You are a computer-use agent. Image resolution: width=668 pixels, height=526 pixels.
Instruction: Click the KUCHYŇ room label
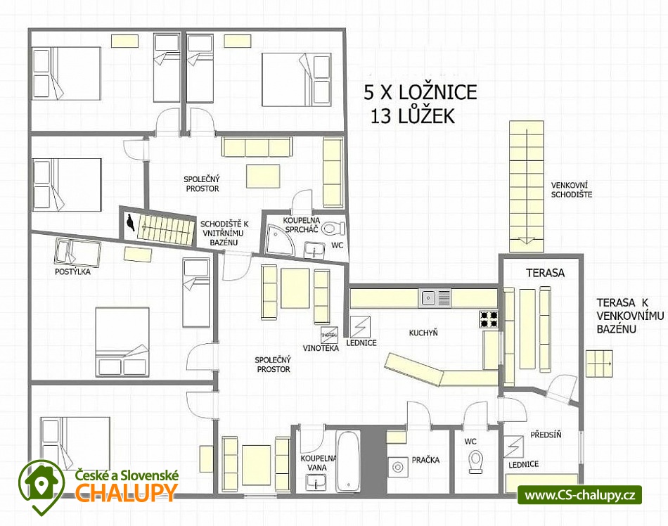423,333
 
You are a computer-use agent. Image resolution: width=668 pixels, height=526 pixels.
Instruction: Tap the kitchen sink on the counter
435,298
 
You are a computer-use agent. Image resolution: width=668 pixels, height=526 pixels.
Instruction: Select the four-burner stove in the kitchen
489,319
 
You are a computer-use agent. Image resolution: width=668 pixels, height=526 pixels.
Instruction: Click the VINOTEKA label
321,348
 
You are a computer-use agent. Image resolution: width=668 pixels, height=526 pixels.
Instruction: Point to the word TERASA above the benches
545,273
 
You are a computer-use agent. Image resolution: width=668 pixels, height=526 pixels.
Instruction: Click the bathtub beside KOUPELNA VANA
348,461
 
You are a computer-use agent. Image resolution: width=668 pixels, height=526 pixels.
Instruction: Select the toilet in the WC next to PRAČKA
475,462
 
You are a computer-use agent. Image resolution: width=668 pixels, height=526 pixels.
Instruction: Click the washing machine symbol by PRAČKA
398,468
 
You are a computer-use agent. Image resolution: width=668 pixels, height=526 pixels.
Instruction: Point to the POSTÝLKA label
73,271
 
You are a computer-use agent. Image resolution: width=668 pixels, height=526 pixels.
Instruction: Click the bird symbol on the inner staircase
130,223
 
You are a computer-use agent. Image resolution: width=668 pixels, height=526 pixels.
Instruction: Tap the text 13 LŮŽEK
412,116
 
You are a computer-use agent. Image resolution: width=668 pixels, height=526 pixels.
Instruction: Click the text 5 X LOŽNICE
420,92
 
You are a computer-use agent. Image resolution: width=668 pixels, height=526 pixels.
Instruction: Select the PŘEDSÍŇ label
546,435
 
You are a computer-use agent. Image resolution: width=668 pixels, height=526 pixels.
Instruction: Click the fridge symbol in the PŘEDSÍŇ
513,447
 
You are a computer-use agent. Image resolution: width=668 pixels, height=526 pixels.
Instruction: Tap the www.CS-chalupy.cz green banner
580,495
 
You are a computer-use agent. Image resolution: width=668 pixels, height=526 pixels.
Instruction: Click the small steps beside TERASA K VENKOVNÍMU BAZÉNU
599,364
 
